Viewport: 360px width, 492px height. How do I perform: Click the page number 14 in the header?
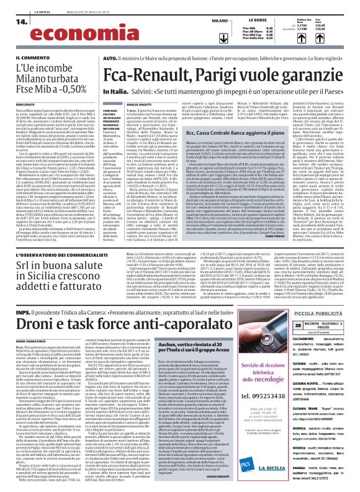(x=19, y=21)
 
